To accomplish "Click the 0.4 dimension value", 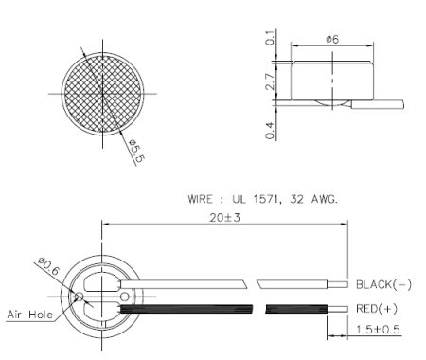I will [x=271, y=130].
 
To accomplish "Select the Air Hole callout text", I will [x=30, y=314].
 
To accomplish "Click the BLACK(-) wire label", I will [x=383, y=283].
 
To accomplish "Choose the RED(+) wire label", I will [x=376, y=308].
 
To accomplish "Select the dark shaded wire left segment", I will [x=189, y=308].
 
